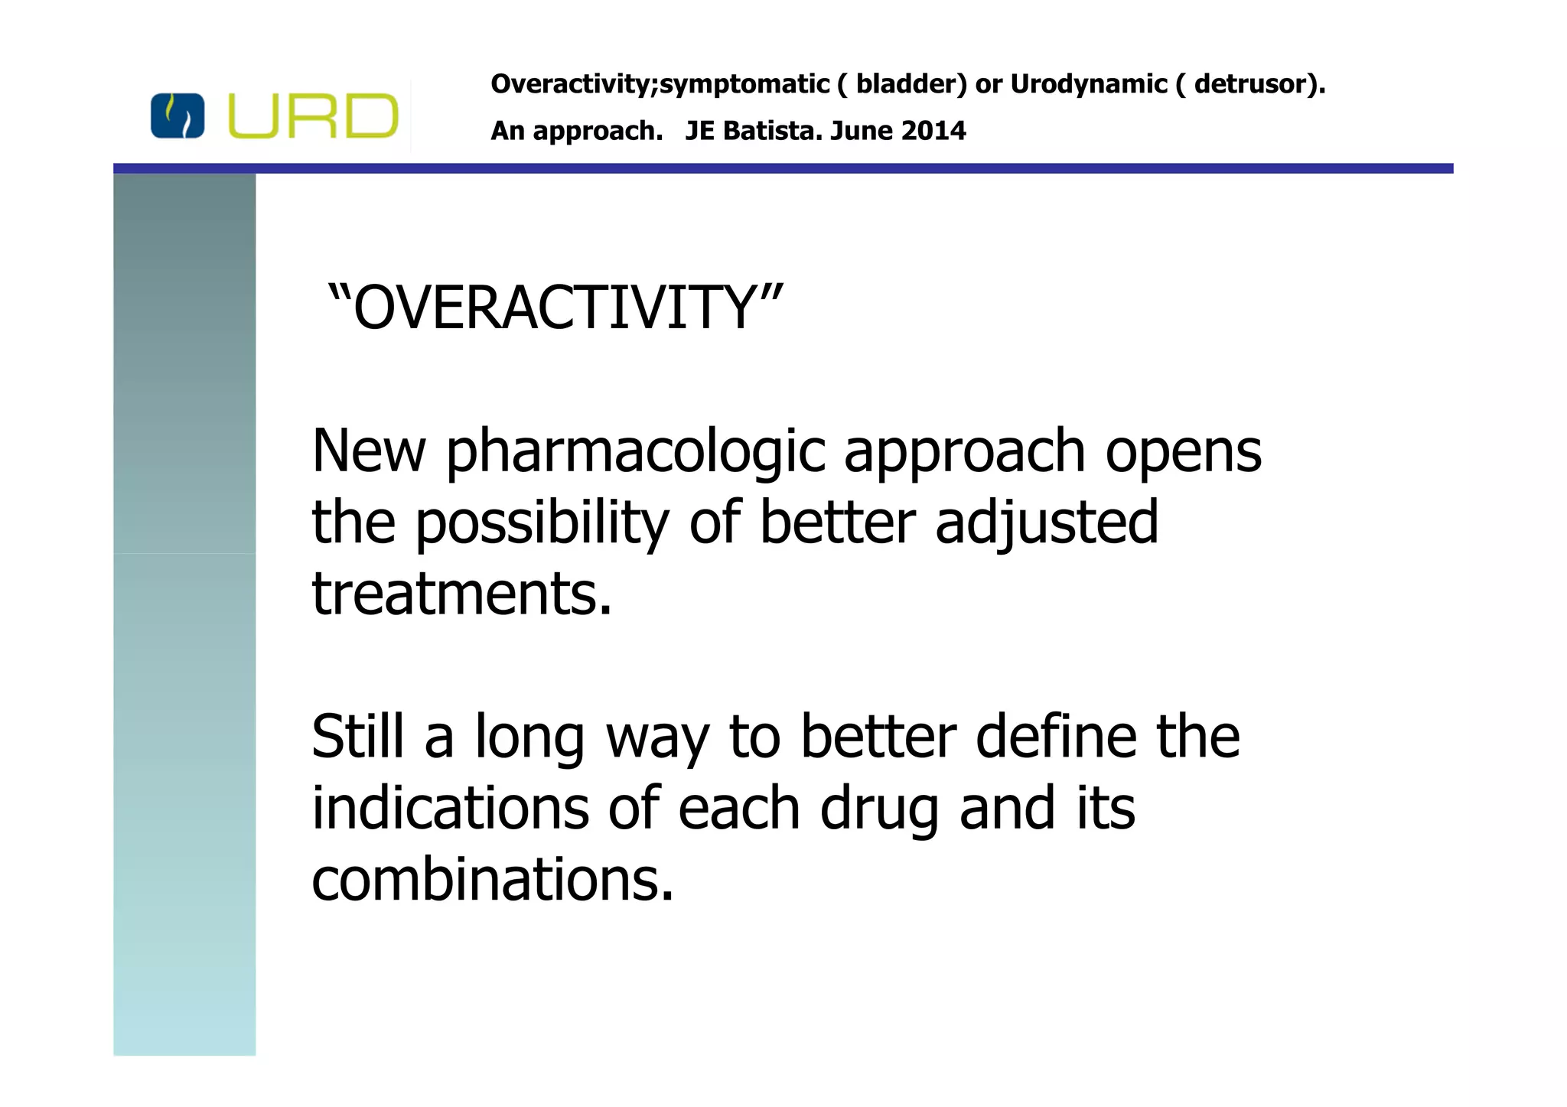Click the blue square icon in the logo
tap(178, 116)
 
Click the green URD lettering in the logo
tap(313, 116)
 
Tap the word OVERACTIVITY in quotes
tap(555, 308)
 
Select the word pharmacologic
tap(635, 451)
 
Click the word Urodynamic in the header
tap(1088, 83)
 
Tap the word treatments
tap(461, 594)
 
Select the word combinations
tap(492, 880)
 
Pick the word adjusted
tap(1046, 523)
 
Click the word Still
tap(357, 737)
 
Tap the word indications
tap(450, 809)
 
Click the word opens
tap(1183, 453)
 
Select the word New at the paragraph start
tap(369, 451)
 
